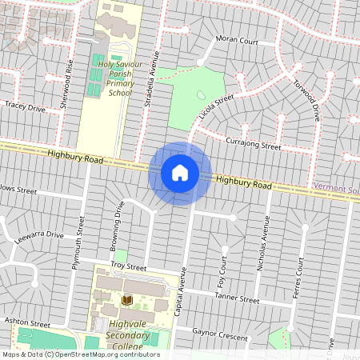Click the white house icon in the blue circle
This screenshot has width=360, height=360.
pyautogui.click(x=179, y=173)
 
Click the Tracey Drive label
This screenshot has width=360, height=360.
pyautogui.click(x=24, y=106)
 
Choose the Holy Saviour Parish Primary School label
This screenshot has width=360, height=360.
pyautogui.click(x=114, y=76)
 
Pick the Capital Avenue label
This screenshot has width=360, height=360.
pyautogui.click(x=181, y=291)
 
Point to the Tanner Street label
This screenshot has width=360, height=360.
pyautogui.click(x=237, y=299)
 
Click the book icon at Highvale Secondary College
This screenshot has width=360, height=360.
pyautogui.click(x=126, y=300)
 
